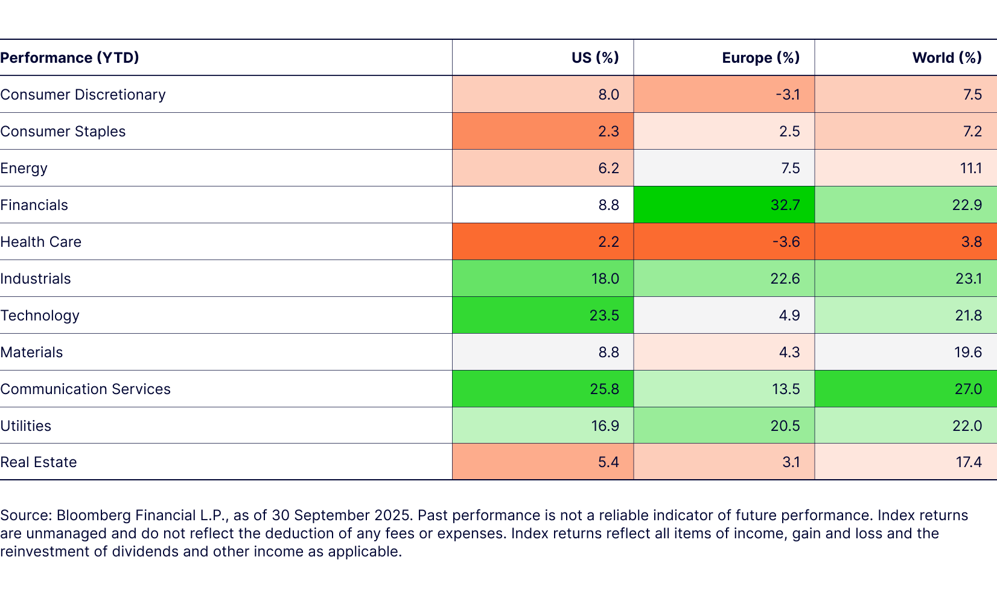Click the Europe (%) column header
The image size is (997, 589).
click(760, 58)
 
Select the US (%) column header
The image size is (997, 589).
click(595, 58)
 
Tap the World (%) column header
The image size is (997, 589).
click(946, 58)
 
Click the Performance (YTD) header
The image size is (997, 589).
click(70, 58)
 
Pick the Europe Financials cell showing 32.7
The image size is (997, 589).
click(785, 205)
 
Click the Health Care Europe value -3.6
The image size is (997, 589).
click(786, 242)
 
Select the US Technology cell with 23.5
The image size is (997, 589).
click(604, 316)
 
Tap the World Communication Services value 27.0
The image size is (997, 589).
click(968, 389)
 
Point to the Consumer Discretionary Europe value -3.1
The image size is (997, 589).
click(787, 95)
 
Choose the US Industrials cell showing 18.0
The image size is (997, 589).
click(604, 279)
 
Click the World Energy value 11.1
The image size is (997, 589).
click(970, 168)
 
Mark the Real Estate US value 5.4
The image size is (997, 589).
click(608, 462)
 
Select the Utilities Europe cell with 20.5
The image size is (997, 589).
click(785, 426)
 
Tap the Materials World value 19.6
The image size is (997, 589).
click(967, 352)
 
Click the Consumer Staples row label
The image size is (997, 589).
click(63, 132)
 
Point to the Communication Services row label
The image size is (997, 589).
click(86, 389)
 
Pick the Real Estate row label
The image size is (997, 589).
click(39, 462)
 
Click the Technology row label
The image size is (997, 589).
click(40, 316)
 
